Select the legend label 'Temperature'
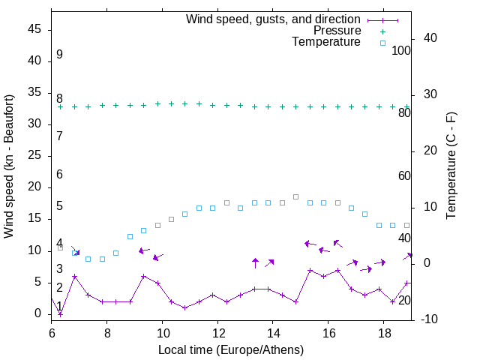point(326,42)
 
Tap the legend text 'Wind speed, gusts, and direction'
point(273,19)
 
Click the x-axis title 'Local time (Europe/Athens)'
point(231,349)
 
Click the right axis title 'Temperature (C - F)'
point(451,166)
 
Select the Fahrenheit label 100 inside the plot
point(401,50)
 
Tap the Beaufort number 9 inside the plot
point(59,55)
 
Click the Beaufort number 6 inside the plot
point(59,174)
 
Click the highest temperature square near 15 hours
point(295,196)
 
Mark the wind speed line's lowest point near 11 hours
point(184,307)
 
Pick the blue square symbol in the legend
point(382,43)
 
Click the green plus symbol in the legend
point(382,31)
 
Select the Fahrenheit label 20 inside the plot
point(404,300)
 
